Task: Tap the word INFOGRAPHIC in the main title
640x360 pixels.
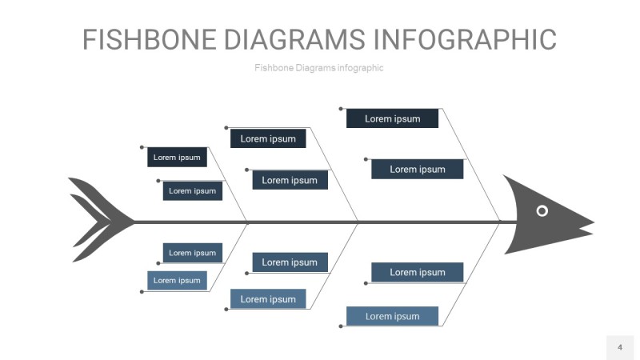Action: click(x=465, y=39)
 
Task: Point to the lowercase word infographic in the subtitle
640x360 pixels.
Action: click(x=361, y=68)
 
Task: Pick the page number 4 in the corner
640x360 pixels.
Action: click(x=619, y=347)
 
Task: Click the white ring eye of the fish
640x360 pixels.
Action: click(x=542, y=210)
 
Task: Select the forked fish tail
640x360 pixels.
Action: click(x=96, y=220)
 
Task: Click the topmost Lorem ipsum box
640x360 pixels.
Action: click(x=392, y=118)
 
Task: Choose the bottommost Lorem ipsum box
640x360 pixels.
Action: click(x=392, y=316)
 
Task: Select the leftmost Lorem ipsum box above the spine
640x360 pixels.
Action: click(x=177, y=158)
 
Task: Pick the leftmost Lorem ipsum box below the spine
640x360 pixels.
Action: click(x=177, y=280)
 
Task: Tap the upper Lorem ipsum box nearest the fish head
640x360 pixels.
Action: click(x=417, y=169)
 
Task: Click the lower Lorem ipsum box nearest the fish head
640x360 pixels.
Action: click(x=417, y=272)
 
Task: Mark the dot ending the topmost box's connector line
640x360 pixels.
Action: click(x=341, y=109)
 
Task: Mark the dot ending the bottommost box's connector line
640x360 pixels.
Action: click(x=341, y=326)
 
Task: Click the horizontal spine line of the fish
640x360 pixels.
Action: click(x=320, y=222)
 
